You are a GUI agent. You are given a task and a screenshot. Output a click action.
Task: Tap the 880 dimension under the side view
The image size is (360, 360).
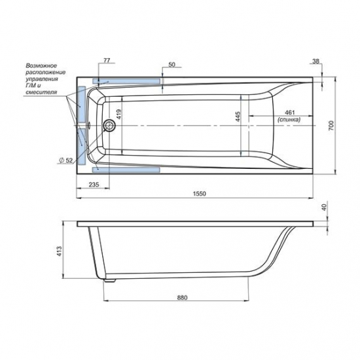(x=182, y=298)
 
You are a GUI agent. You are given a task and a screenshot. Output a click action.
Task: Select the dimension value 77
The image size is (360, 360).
(x=105, y=60)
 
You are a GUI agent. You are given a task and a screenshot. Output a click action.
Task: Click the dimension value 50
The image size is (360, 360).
(x=171, y=65)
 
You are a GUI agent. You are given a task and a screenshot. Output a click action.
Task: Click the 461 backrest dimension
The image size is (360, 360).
(x=288, y=113)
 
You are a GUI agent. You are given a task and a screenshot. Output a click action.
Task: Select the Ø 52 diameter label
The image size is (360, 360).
(x=65, y=160)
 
